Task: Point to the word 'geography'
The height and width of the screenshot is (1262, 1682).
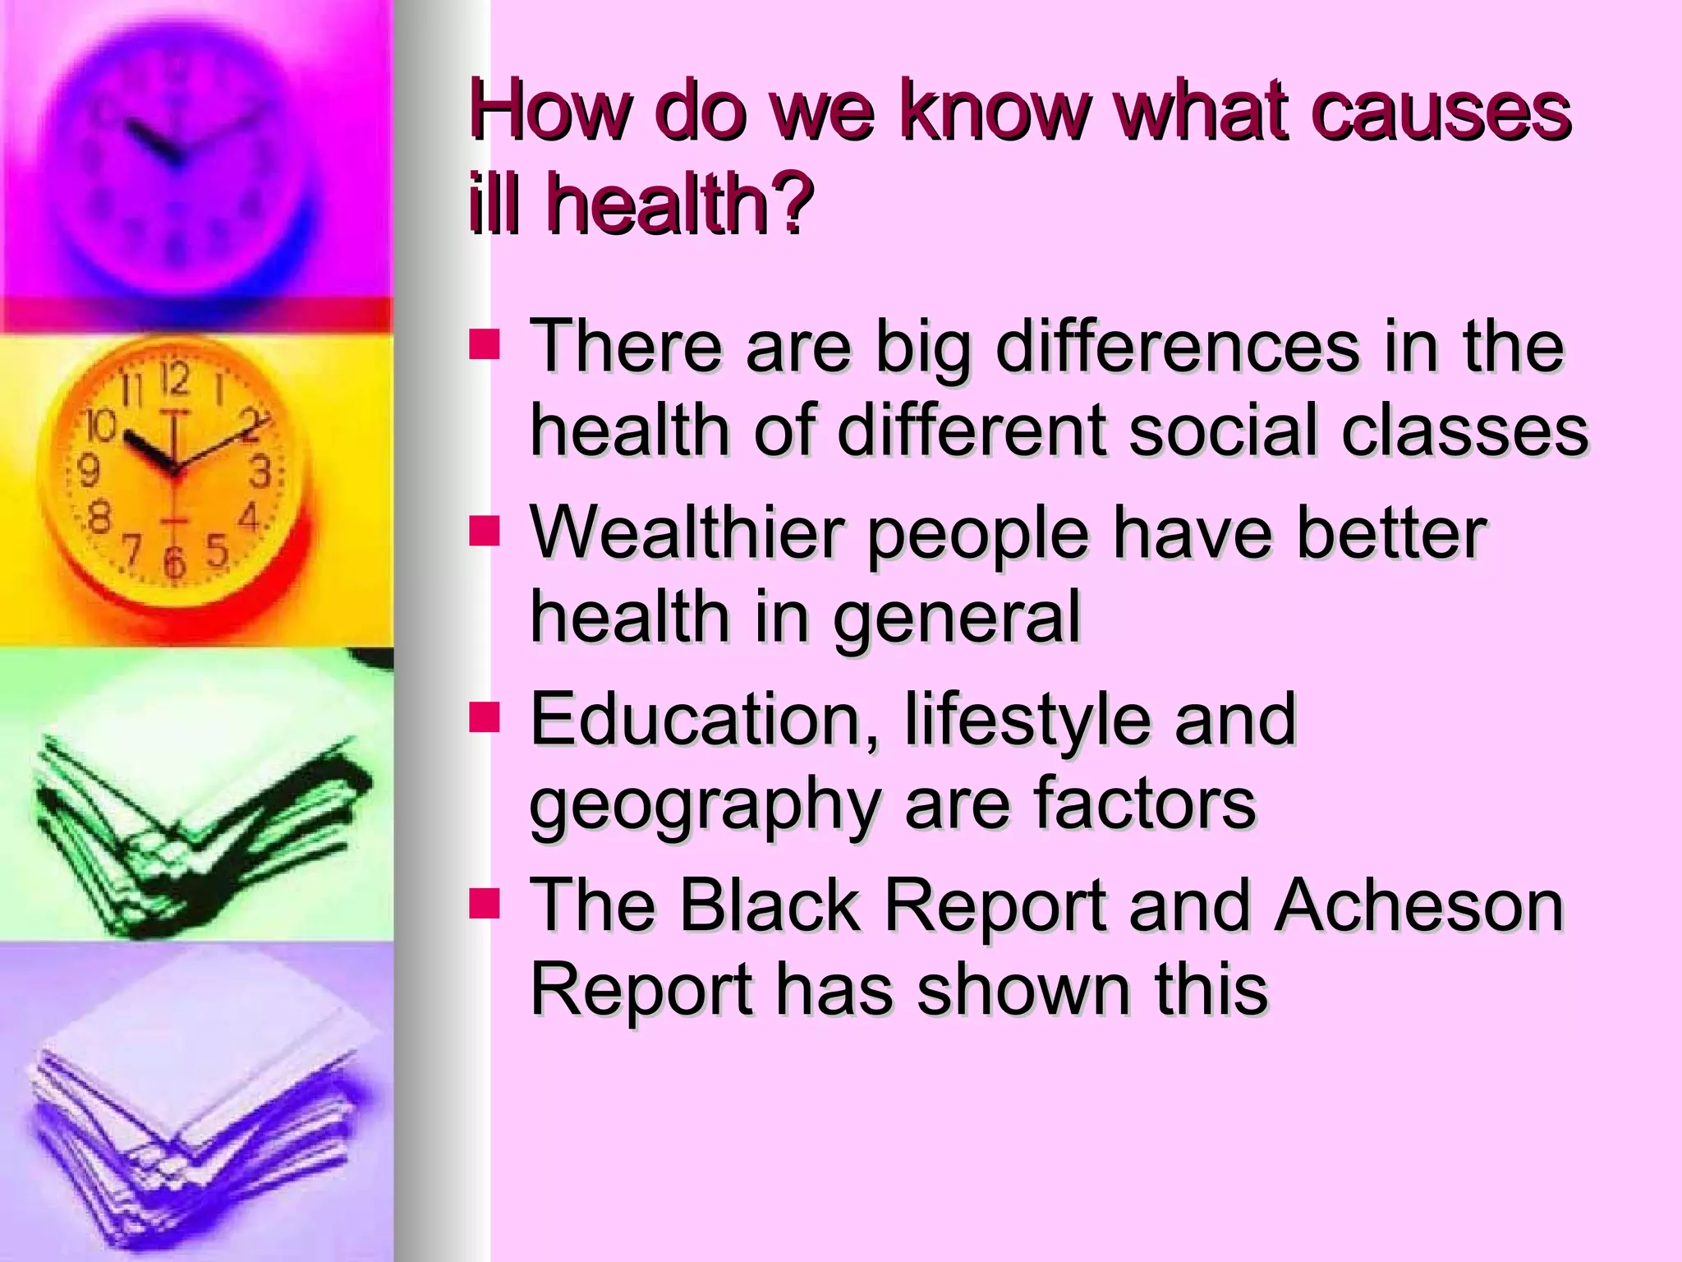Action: (705, 805)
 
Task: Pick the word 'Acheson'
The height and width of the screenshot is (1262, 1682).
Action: (1419, 905)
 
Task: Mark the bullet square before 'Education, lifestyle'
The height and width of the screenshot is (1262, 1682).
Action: (485, 717)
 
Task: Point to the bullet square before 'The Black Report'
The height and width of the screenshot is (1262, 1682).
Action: (485, 903)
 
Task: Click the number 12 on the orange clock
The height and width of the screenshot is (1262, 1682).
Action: (174, 380)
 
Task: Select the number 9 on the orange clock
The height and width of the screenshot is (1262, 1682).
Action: (88, 471)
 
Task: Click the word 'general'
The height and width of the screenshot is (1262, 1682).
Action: (957, 618)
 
